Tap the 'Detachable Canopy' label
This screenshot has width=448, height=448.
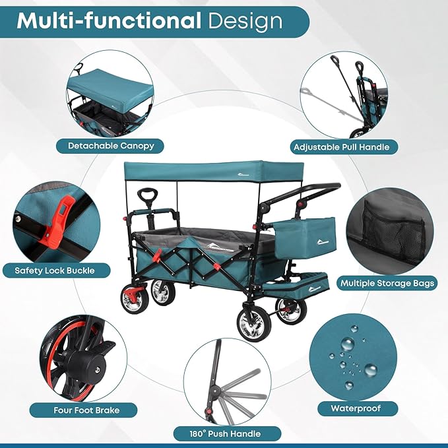tap(110, 146)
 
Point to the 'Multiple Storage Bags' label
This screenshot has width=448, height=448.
tap(387, 283)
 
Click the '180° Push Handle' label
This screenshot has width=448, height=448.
tap(226, 433)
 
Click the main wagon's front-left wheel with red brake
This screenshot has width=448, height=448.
tap(135, 298)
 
